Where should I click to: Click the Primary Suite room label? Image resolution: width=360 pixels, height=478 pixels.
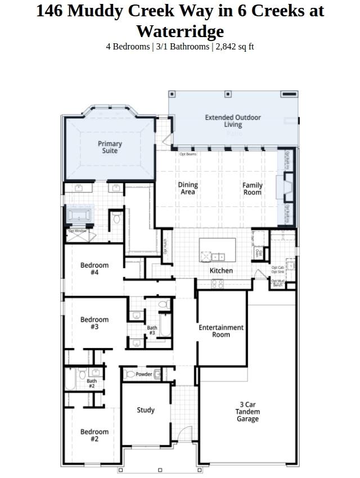(x=110, y=147)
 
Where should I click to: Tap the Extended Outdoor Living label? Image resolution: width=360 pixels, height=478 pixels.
(x=232, y=121)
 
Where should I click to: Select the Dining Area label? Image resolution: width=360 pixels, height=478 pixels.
(x=188, y=188)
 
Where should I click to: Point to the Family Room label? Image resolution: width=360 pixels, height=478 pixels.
(x=252, y=188)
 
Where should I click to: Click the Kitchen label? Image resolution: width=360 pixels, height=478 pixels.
(x=221, y=270)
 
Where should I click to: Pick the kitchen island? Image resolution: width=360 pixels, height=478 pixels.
(x=217, y=250)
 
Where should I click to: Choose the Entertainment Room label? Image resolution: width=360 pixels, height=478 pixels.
(x=221, y=331)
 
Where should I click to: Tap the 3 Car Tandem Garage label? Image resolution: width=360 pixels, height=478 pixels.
(x=247, y=412)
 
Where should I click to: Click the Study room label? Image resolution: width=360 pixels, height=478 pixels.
(x=146, y=410)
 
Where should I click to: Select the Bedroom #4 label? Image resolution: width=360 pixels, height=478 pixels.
(x=94, y=269)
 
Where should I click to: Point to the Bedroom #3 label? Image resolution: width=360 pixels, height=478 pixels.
(x=94, y=323)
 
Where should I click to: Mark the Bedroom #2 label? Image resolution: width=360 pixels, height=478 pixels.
(x=94, y=435)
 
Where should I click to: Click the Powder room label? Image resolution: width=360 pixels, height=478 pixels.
(x=144, y=374)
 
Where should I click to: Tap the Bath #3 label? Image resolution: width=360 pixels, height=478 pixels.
(x=152, y=330)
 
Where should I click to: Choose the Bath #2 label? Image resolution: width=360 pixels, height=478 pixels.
(x=91, y=384)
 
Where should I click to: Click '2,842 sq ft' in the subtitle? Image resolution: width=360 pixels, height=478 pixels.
(x=235, y=47)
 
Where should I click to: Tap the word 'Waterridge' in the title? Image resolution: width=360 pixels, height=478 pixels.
(x=179, y=31)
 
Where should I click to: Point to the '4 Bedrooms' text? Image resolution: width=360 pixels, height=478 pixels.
(x=128, y=47)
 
